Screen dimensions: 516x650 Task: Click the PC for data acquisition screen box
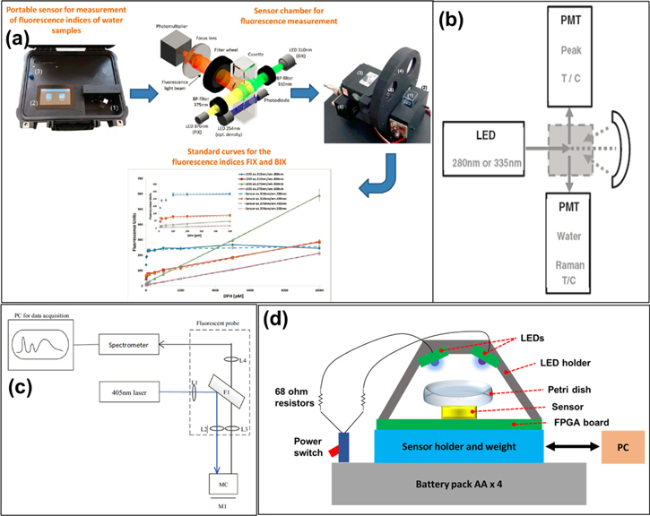click(x=45, y=341)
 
